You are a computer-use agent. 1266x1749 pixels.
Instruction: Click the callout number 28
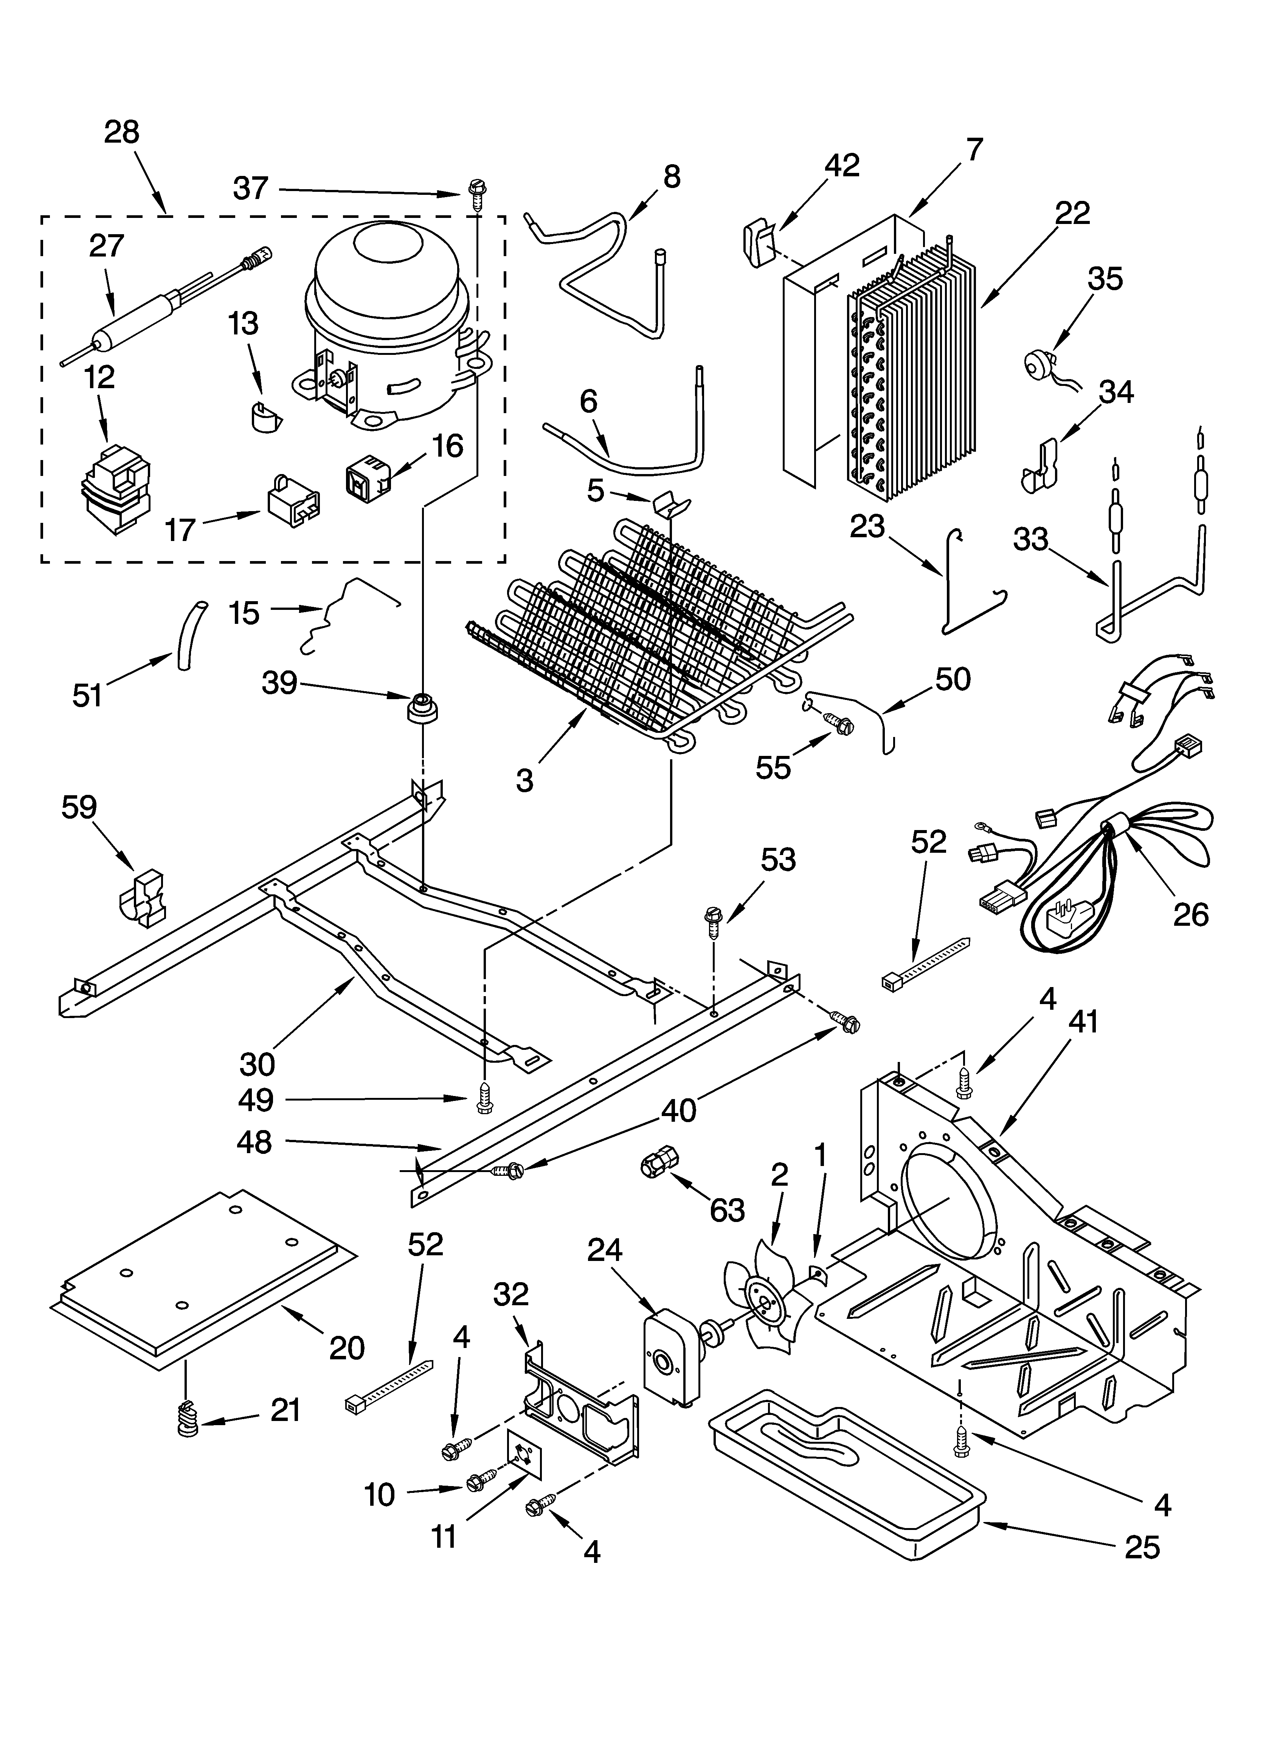pos(122,133)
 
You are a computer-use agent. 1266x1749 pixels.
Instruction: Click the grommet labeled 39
pos(422,707)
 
